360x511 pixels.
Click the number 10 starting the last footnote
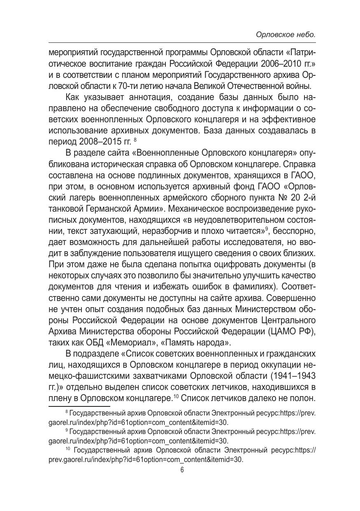(x=69, y=450)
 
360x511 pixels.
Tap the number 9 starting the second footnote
(x=67, y=431)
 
